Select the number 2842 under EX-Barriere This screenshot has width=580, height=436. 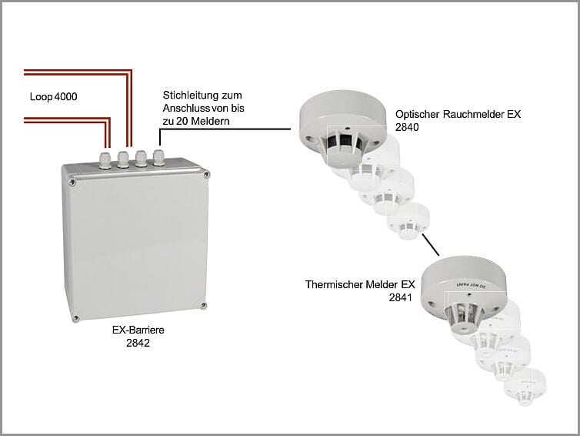pos(138,344)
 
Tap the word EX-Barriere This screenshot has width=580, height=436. pos(138,331)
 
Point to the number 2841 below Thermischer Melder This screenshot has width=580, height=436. pos(402,297)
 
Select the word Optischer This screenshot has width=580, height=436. pos(418,114)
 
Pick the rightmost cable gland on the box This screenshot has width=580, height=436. pos(158,158)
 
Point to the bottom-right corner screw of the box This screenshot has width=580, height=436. pos(202,308)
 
